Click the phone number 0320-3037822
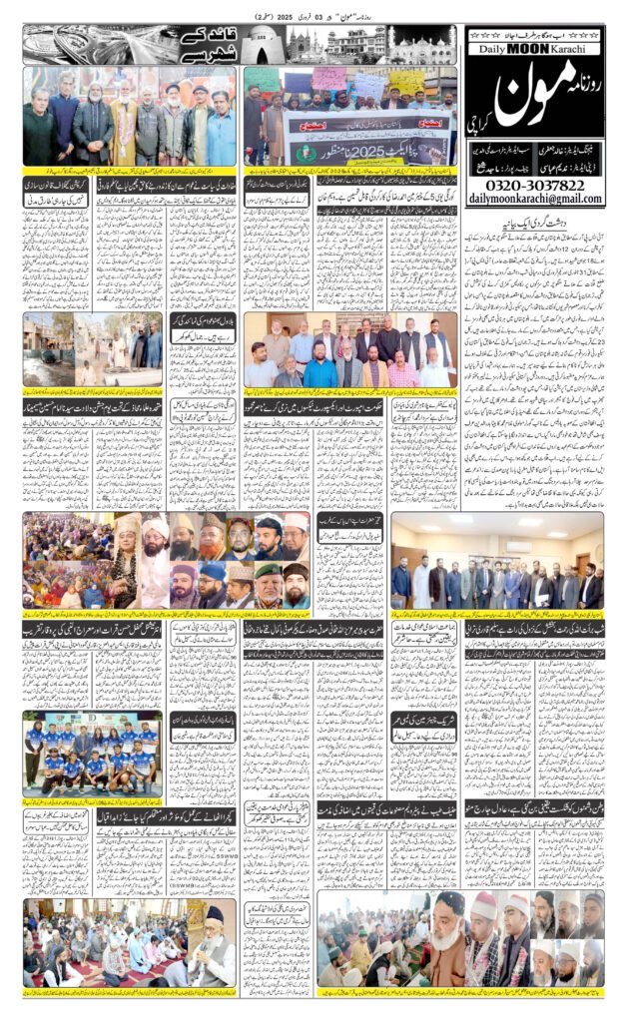(534, 186)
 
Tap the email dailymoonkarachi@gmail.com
(534, 200)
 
